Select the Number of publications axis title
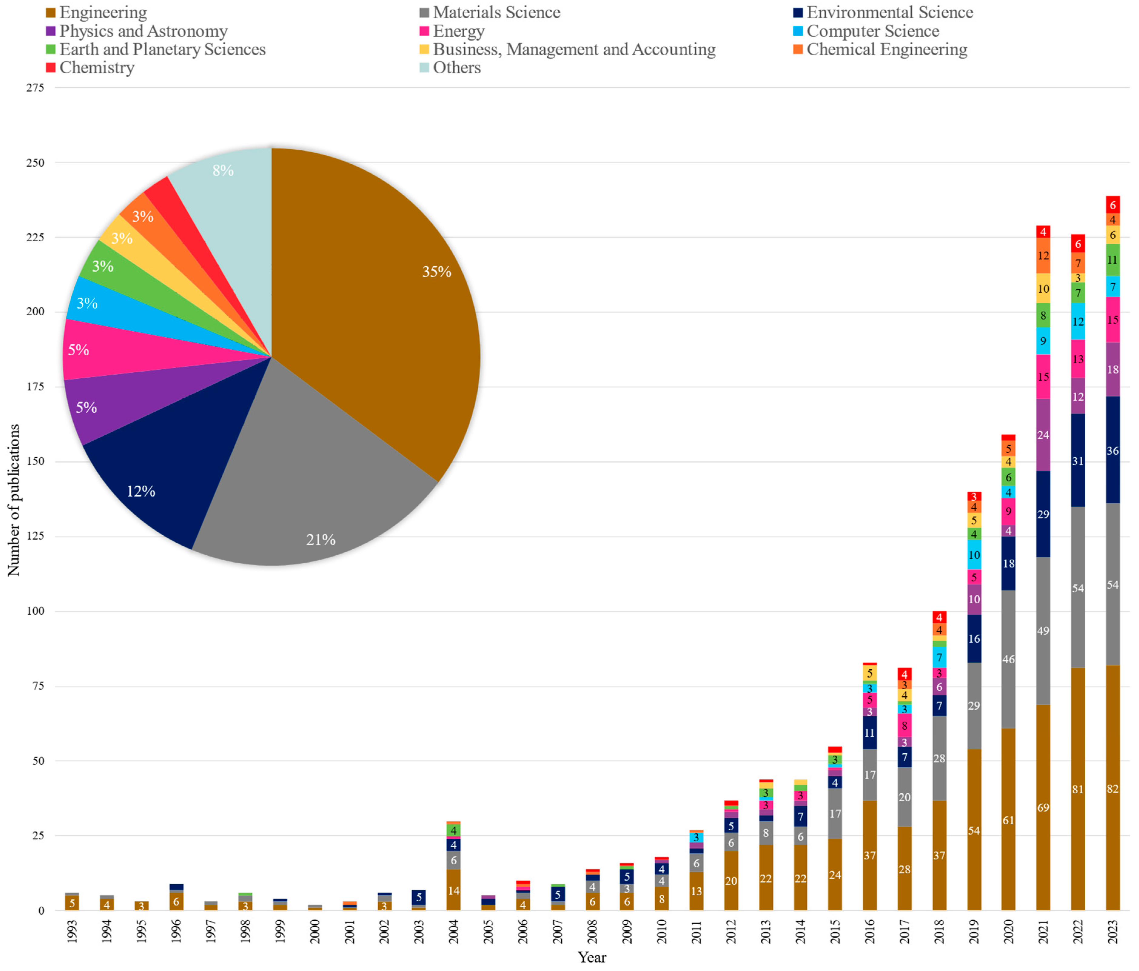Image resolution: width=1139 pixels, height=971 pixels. point(13,500)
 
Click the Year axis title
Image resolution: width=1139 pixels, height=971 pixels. point(592,957)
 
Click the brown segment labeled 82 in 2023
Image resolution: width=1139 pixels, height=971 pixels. point(1113,789)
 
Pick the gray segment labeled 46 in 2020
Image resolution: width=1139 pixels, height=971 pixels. point(1008,659)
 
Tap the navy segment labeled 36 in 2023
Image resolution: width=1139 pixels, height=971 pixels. point(1113,450)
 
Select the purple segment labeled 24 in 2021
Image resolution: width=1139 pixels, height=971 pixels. point(1043,435)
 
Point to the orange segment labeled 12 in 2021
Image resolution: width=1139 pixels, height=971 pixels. point(1043,256)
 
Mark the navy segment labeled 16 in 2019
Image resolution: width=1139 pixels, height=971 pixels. point(974,638)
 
